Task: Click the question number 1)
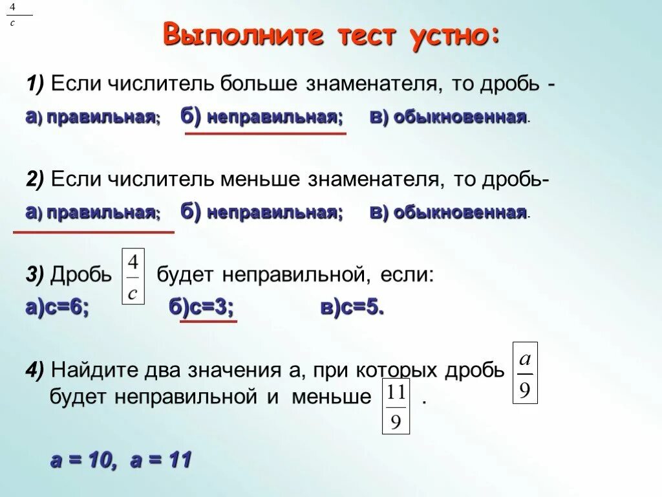[35, 83]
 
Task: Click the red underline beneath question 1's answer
[266, 133]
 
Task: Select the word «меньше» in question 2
[261, 179]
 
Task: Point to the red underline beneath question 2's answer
[94, 231]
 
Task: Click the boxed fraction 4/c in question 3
[133, 276]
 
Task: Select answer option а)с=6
[57, 309]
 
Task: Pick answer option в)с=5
[352, 309]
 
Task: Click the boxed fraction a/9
[525, 373]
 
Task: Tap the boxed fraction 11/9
[396, 406]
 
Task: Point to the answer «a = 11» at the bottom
[161, 461]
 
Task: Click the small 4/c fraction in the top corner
[13, 14]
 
